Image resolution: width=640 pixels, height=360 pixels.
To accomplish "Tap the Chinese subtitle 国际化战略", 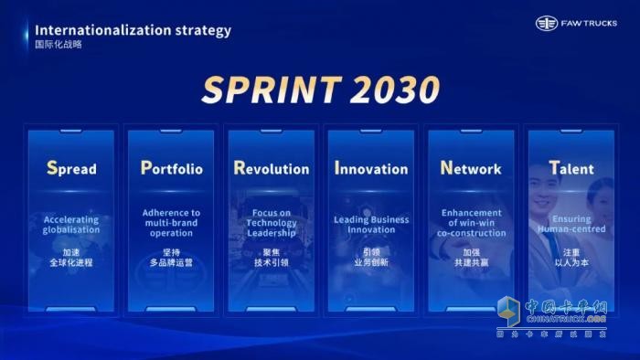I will (x=59, y=45).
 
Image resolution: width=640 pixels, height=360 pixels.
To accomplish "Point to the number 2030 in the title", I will (x=389, y=90).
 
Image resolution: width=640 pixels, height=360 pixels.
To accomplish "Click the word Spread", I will (x=71, y=168).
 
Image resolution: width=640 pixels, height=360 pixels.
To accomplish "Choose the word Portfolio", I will (x=172, y=168).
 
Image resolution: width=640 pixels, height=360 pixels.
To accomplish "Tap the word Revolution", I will (x=272, y=168).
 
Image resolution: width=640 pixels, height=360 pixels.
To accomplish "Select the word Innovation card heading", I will (x=371, y=168).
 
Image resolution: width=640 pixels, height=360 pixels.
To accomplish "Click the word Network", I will (x=471, y=168).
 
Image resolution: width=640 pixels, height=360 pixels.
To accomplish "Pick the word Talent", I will (x=571, y=168).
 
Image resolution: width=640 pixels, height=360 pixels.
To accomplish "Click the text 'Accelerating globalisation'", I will (x=71, y=225).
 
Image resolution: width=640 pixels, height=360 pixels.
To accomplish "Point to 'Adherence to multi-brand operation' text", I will (x=171, y=223).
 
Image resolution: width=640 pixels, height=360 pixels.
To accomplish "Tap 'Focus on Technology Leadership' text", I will (x=272, y=223).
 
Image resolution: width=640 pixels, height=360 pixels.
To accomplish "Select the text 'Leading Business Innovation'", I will (x=371, y=225).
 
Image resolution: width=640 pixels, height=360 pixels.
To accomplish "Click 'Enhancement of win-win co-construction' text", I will (x=471, y=223).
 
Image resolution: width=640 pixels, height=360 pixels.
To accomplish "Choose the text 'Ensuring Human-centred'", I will (x=571, y=225).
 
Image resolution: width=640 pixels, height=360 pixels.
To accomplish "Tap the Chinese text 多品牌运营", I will (x=171, y=262).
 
